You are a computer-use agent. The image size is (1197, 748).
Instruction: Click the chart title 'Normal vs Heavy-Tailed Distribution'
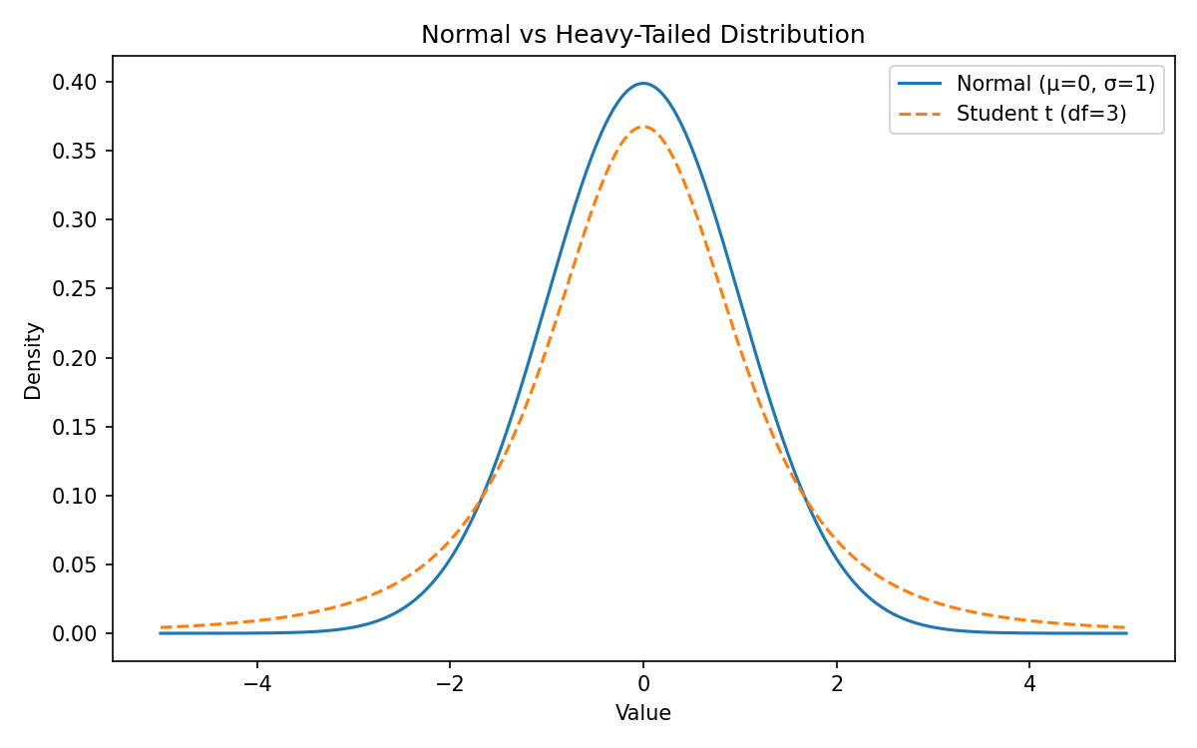point(642,35)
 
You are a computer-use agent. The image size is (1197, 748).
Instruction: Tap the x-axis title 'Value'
point(642,713)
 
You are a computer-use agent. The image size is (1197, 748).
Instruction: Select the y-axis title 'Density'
point(33,360)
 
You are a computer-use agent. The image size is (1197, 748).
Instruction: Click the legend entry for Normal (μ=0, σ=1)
point(1055,84)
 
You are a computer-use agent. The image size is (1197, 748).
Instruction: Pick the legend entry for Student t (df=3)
point(1041,114)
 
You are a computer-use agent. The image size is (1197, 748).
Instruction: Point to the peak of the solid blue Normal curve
point(643,83)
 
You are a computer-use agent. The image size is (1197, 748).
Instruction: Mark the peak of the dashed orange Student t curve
point(643,127)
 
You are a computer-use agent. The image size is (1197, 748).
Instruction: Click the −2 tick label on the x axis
point(450,685)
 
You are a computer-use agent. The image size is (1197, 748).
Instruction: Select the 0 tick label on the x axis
point(643,685)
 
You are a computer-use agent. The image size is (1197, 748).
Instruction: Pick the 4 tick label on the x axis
point(1029,685)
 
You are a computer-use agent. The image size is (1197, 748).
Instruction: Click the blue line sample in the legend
point(921,84)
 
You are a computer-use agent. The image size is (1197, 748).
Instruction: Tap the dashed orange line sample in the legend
point(921,114)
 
